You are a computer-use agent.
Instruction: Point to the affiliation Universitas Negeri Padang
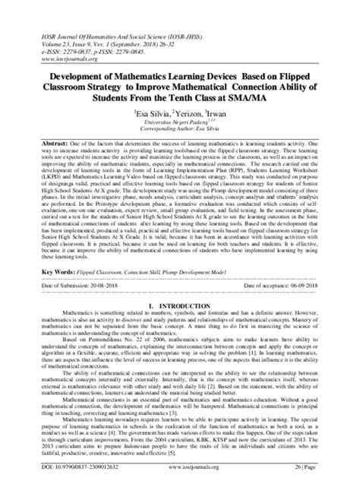[x=177, y=126]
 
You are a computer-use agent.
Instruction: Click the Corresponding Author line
[x=180, y=134]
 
